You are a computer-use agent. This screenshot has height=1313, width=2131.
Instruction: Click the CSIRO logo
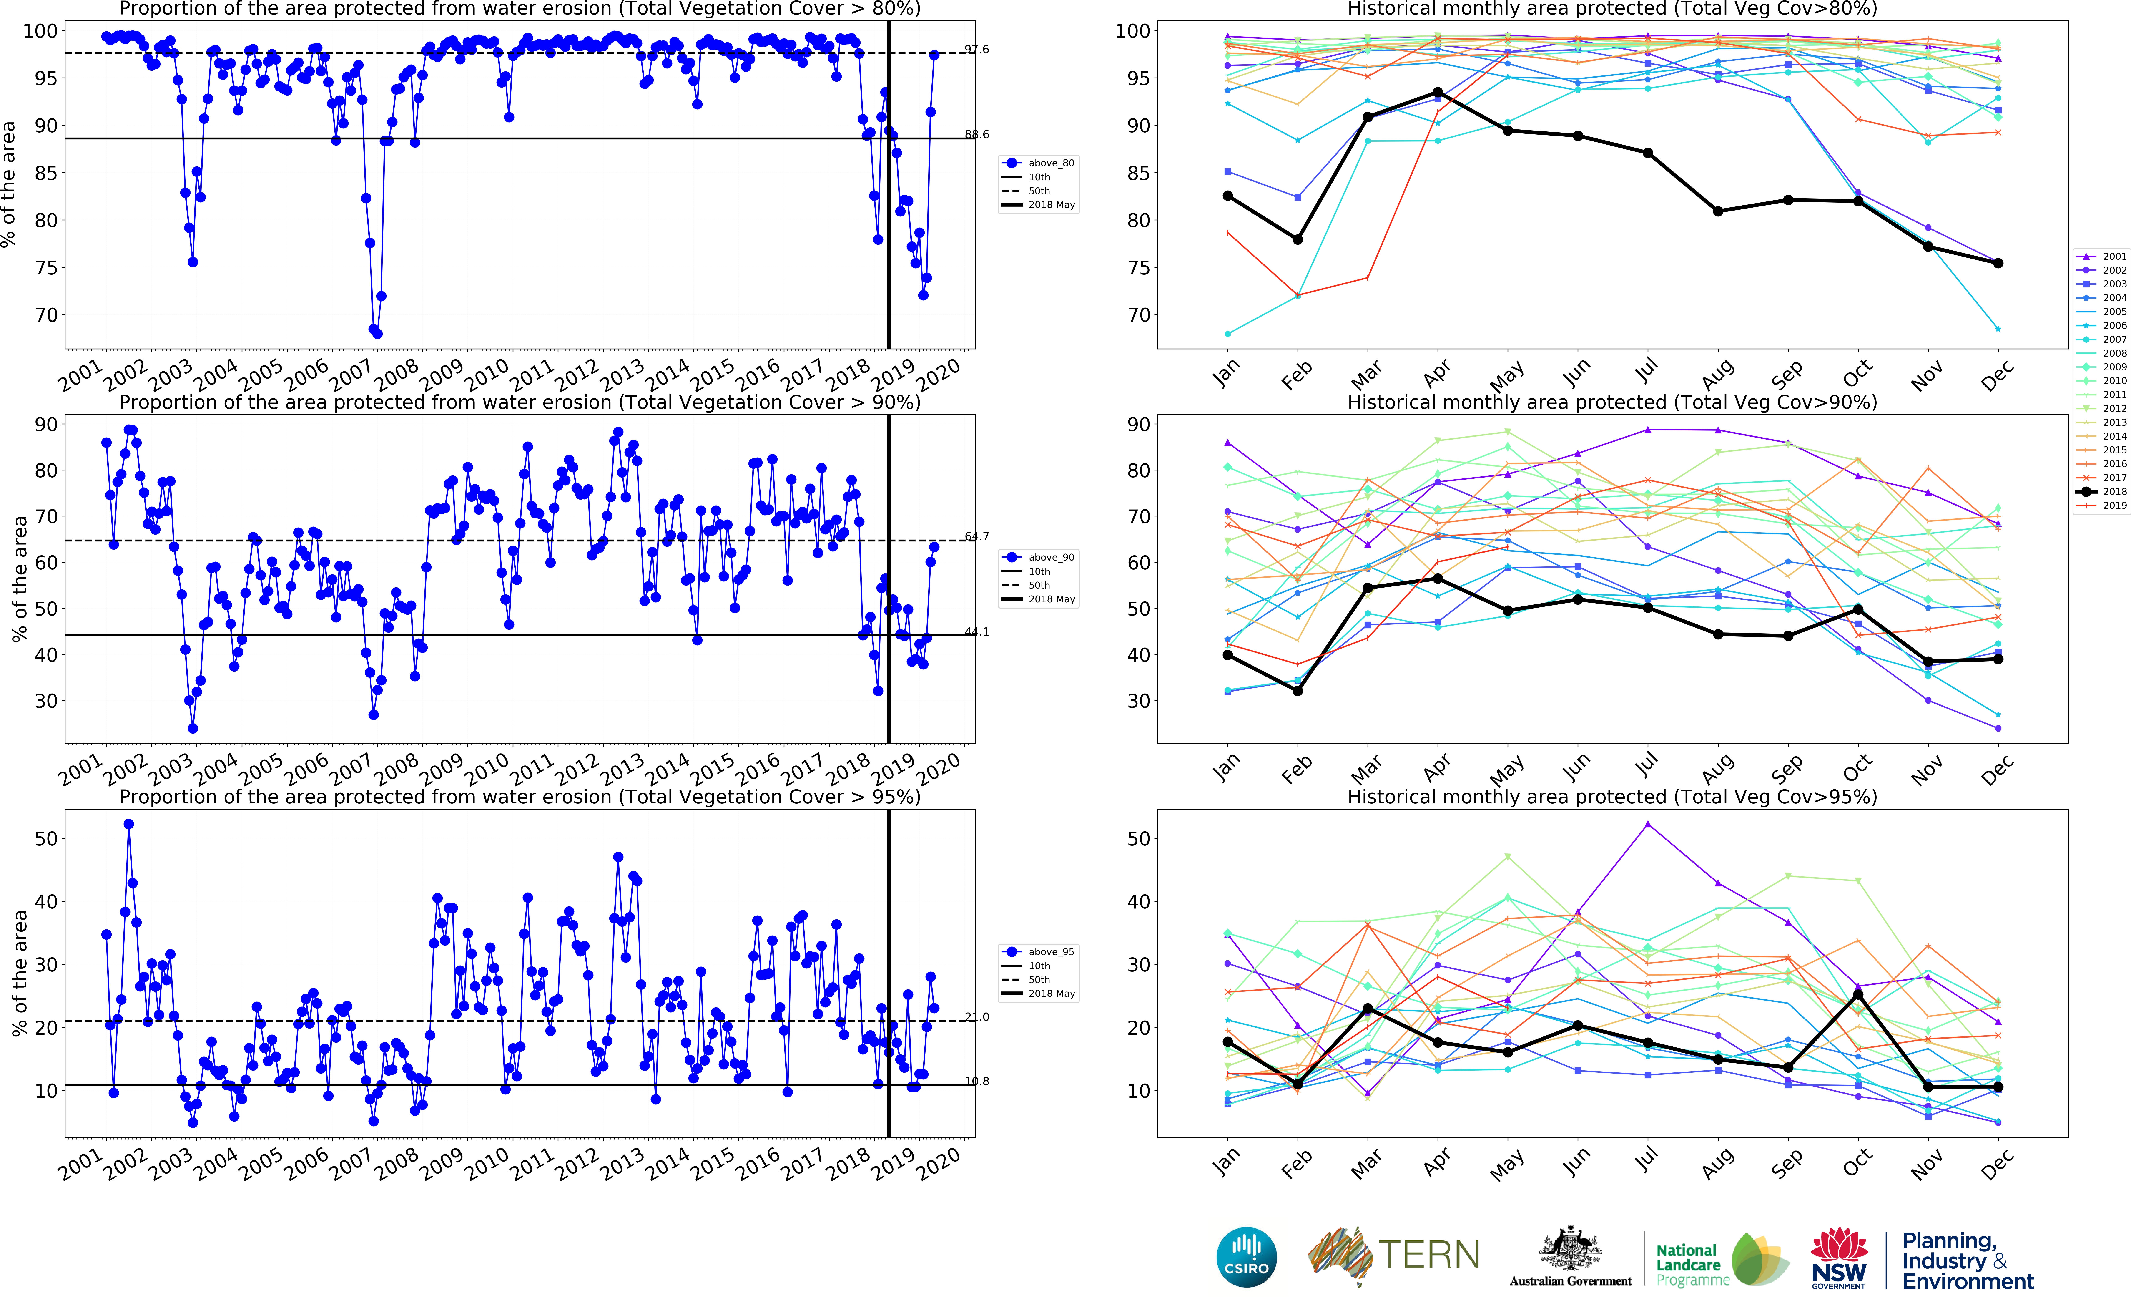(x=1247, y=1257)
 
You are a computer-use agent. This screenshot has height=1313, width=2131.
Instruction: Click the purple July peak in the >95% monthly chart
(x=1647, y=824)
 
